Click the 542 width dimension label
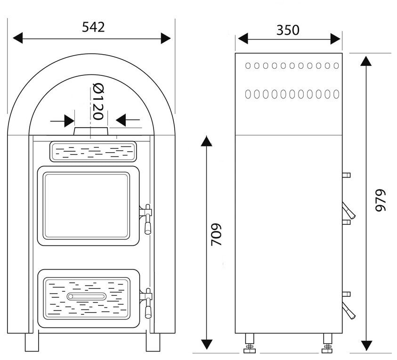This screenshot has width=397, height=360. (x=93, y=27)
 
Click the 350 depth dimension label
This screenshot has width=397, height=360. (x=288, y=30)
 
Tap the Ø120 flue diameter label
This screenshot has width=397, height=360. (x=97, y=101)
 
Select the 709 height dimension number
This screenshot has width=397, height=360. (x=216, y=234)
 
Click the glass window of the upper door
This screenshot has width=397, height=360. (x=86, y=205)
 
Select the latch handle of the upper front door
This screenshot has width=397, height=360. (x=147, y=219)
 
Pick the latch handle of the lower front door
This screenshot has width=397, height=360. (x=147, y=303)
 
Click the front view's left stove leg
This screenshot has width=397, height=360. (x=31, y=342)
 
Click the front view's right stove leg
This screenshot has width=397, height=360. (x=153, y=342)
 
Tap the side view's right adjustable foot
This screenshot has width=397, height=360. (x=327, y=344)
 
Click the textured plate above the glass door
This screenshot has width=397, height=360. (x=93, y=152)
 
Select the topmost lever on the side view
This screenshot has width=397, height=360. (x=347, y=175)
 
